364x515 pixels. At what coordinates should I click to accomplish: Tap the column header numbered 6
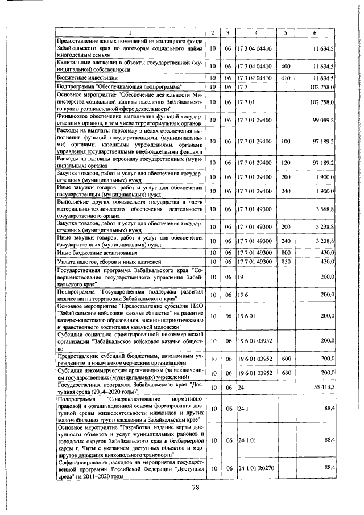[x=314, y=33]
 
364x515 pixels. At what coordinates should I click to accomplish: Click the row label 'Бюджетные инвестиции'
[x=88, y=77]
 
